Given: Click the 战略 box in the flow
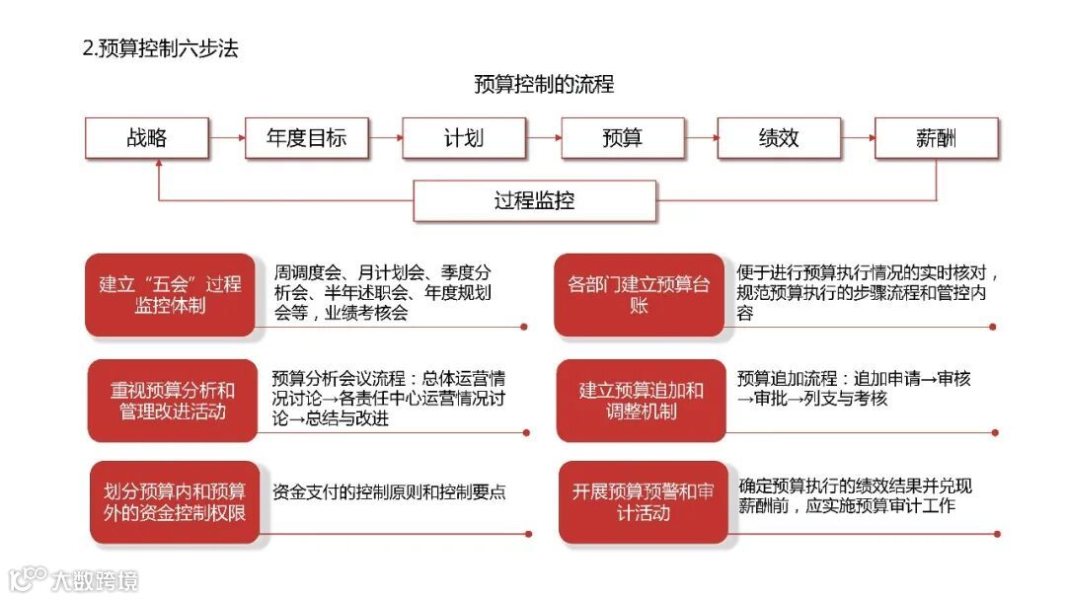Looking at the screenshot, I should pos(147,138).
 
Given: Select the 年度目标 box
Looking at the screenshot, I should pos(306,138).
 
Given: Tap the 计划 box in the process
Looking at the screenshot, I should pos(464,138).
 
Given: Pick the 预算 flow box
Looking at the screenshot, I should pos(622,138).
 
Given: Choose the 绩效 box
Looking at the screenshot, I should pos(779,138).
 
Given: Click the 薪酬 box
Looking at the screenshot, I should pos(936,138).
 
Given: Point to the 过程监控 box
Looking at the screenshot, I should pos(534,201).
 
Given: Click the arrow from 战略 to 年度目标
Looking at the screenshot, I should pos(227,138).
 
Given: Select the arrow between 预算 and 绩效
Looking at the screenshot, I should pos(701,138).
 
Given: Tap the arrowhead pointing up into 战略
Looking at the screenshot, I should pos(159,165).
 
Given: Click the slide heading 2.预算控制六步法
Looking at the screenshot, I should pos(160,48).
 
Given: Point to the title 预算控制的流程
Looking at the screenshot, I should pos(544,85).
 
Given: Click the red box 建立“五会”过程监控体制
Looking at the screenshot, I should pos(170,294).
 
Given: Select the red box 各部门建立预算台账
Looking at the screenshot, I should pos(639,294).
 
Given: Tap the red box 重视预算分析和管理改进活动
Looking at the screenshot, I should pos(173,400).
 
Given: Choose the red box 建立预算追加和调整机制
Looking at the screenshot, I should pos(641,400).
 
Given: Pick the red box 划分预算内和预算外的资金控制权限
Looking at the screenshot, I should pos(175,501).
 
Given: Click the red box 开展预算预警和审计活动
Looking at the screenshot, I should pos(643,501).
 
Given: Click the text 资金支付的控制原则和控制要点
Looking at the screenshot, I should pos(389,491).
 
